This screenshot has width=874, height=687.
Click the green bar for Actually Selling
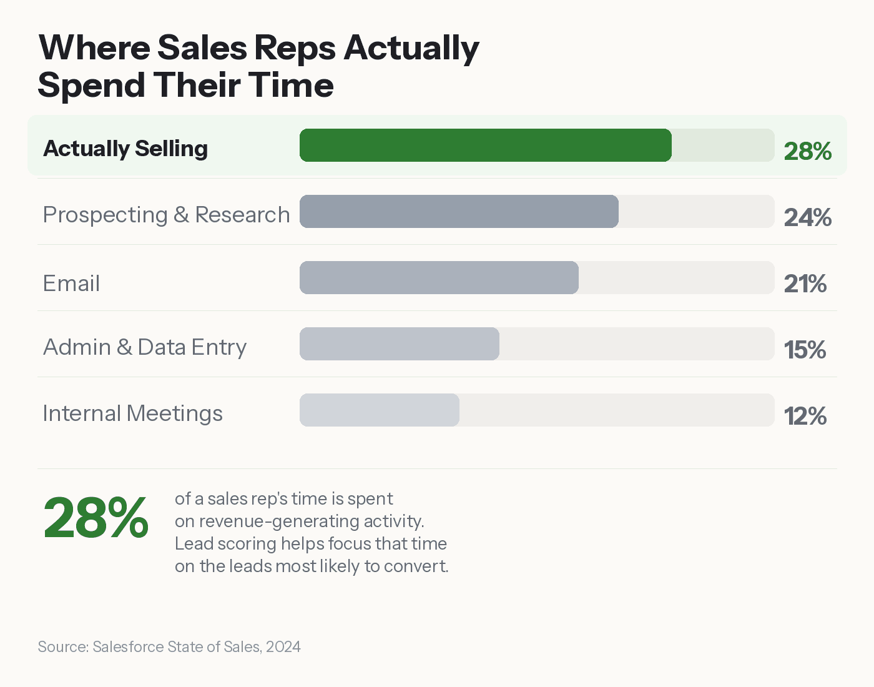tap(486, 146)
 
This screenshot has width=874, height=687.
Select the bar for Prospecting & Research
tap(459, 212)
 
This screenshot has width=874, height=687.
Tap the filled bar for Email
tap(439, 278)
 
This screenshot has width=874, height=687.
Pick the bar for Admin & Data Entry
tap(400, 344)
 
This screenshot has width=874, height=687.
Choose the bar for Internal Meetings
tap(380, 410)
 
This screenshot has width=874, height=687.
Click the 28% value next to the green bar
tap(807, 151)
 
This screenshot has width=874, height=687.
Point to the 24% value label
tap(807, 217)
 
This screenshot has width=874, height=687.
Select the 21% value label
tap(805, 284)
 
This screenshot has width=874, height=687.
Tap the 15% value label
tap(805, 350)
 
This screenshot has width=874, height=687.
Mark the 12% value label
tap(805, 416)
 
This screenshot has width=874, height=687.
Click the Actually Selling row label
tap(125, 149)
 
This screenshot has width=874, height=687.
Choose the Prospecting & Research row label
tap(166, 215)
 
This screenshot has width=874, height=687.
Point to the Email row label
tap(71, 284)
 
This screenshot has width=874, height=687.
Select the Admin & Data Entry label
tap(145, 347)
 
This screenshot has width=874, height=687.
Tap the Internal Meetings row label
tap(132, 413)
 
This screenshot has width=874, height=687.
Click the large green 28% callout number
tap(96, 518)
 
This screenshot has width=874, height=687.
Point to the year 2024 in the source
tap(283, 647)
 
